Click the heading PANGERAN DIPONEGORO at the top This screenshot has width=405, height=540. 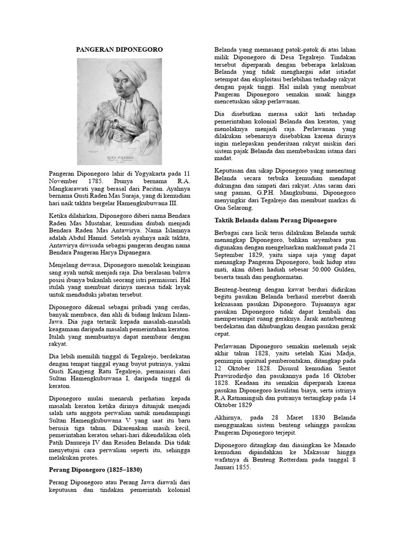click(x=120, y=49)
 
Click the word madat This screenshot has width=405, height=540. click(x=224, y=159)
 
